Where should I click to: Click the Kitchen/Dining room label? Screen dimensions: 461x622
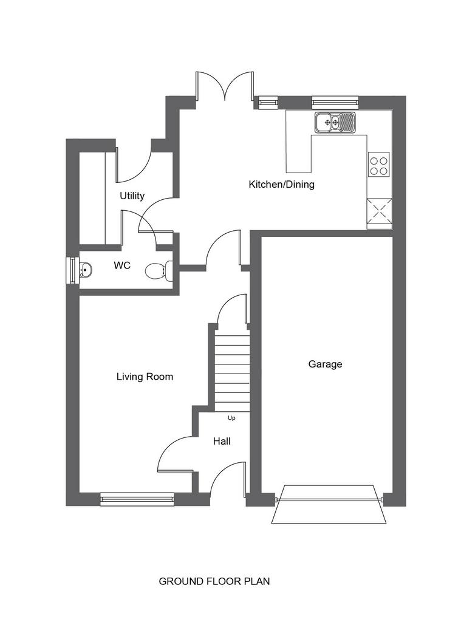(x=281, y=185)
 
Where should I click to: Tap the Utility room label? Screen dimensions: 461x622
(x=132, y=196)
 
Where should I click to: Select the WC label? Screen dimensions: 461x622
(x=122, y=265)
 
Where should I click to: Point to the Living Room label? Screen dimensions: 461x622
(x=145, y=377)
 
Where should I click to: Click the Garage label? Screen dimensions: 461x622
(x=325, y=364)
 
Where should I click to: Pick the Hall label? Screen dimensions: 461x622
(x=222, y=441)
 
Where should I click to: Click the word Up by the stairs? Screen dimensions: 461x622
(x=231, y=418)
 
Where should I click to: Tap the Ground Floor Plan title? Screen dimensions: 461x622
(x=214, y=581)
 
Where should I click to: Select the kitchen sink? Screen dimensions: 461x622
(x=336, y=122)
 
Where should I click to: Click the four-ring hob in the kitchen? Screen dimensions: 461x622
(x=378, y=164)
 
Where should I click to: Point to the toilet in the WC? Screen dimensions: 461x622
(x=159, y=270)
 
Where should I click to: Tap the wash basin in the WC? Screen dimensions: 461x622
(x=85, y=270)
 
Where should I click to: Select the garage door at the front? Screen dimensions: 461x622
(x=329, y=504)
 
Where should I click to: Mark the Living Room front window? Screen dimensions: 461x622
(x=137, y=499)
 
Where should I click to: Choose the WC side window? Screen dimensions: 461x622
(x=72, y=270)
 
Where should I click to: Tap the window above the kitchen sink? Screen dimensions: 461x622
(x=335, y=102)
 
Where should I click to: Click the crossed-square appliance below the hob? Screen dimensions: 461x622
(x=380, y=214)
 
